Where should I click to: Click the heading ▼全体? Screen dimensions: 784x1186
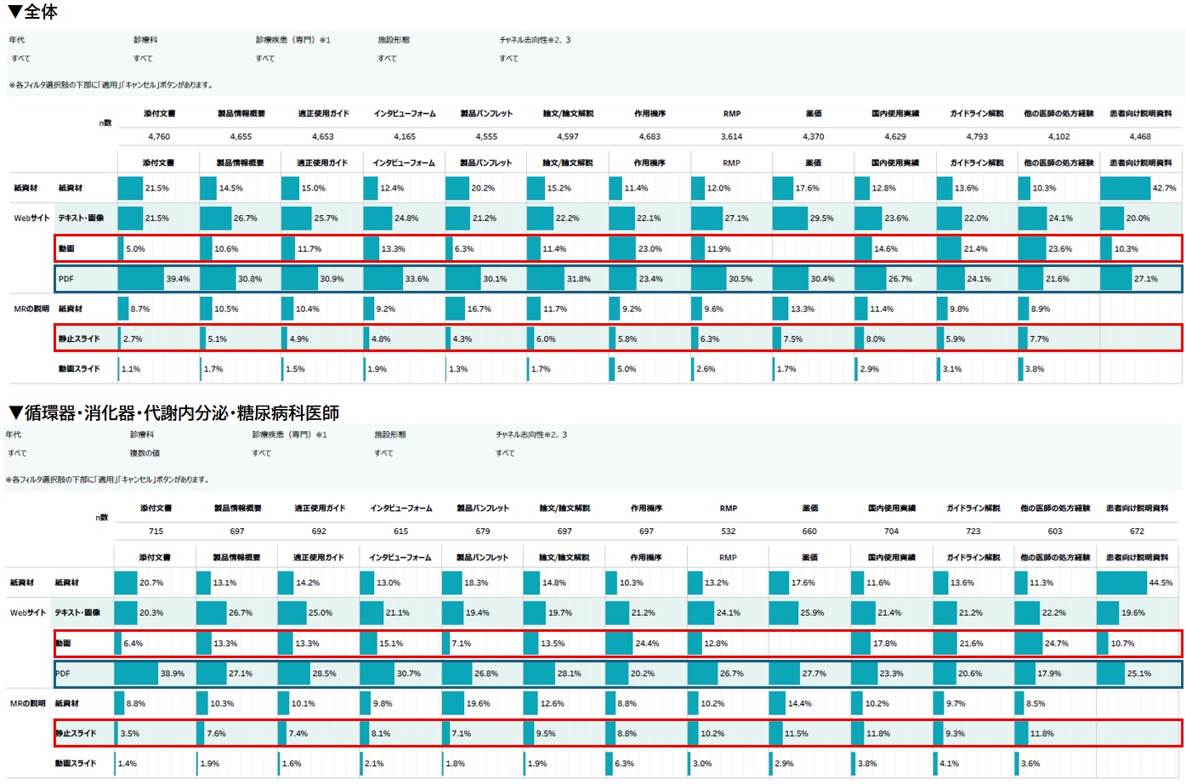(33, 12)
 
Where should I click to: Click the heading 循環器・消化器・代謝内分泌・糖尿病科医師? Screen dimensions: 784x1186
(174, 413)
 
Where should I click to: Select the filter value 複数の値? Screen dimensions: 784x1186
(145, 453)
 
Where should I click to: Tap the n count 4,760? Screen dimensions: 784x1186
(159, 136)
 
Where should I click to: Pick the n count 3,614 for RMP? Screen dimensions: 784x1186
(731, 136)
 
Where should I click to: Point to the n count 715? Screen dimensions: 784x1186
(156, 531)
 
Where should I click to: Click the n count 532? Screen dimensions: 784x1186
(728, 531)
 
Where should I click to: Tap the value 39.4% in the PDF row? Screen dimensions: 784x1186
(178, 279)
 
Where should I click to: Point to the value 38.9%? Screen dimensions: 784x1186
(173, 673)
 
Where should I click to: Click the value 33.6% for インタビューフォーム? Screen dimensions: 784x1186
(417, 279)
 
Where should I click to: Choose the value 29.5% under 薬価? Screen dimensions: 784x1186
(821, 219)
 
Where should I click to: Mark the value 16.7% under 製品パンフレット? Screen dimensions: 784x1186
(479, 309)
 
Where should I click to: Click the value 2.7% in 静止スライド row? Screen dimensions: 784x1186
(133, 338)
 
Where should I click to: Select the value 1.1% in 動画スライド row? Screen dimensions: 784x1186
(130, 369)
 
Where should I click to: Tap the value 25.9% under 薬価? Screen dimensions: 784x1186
(812, 613)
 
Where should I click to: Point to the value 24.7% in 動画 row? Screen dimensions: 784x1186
(1057, 644)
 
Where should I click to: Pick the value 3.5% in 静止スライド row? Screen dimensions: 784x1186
(129, 733)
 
